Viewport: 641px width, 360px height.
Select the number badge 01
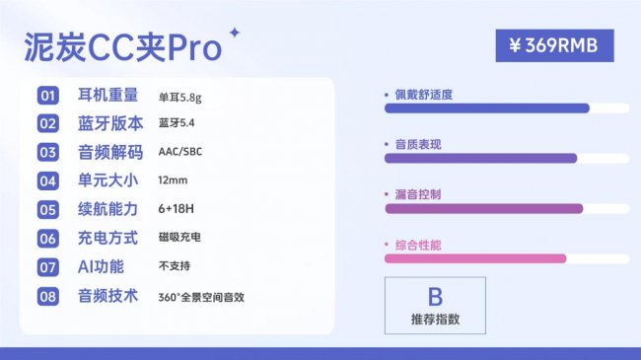pyautogui.click(x=48, y=96)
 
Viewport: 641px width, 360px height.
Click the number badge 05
pyautogui.click(x=48, y=209)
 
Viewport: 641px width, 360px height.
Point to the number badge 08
pyautogui.click(x=48, y=296)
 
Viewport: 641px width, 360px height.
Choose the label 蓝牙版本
pyautogui.click(x=109, y=123)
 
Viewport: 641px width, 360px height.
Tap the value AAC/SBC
pyautogui.click(x=179, y=152)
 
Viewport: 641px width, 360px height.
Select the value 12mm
pyautogui.click(x=172, y=180)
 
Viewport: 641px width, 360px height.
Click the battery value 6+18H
pyautogui.click(x=177, y=209)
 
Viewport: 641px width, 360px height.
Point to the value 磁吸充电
pyautogui.click(x=178, y=238)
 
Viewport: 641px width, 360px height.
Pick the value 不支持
pyautogui.click(x=174, y=266)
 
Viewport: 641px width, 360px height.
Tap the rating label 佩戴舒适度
pyautogui.click(x=424, y=95)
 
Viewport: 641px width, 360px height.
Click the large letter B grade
pyautogui.click(x=435, y=296)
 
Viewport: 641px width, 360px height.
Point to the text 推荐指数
pyautogui.click(x=435, y=320)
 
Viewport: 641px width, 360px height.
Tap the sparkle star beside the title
pyautogui.click(x=234, y=33)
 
